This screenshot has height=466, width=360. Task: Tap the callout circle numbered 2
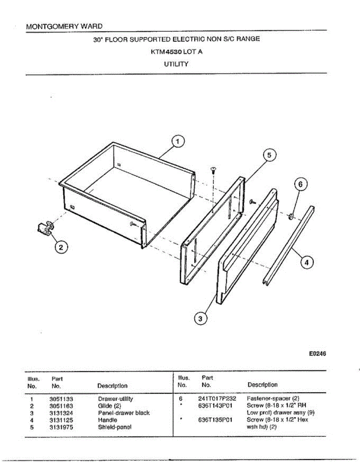pyautogui.click(x=61, y=247)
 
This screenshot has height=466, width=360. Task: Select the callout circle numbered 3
pyautogui.click(x=200, y=319)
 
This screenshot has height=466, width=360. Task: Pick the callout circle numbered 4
pyautogui.click(x=307, y=263)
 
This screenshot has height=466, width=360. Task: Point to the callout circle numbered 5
pyautogui.click(x=269, y=155)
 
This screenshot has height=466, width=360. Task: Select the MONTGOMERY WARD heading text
pyautogui.click(x=64, y=26)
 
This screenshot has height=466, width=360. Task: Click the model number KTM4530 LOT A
pyautogui.click(x=176, y=52)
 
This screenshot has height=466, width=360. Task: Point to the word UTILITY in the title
pyautogui.click(x=176, y=64)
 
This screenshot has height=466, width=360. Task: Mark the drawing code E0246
pyautogui.click(x=317, y=354)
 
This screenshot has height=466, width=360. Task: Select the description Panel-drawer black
pyautogui.click(x=123, y=413)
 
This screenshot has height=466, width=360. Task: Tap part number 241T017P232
pyautogui.click(x=217, y=399)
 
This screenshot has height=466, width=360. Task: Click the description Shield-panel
pyautogui.click(x=115, y=427)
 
